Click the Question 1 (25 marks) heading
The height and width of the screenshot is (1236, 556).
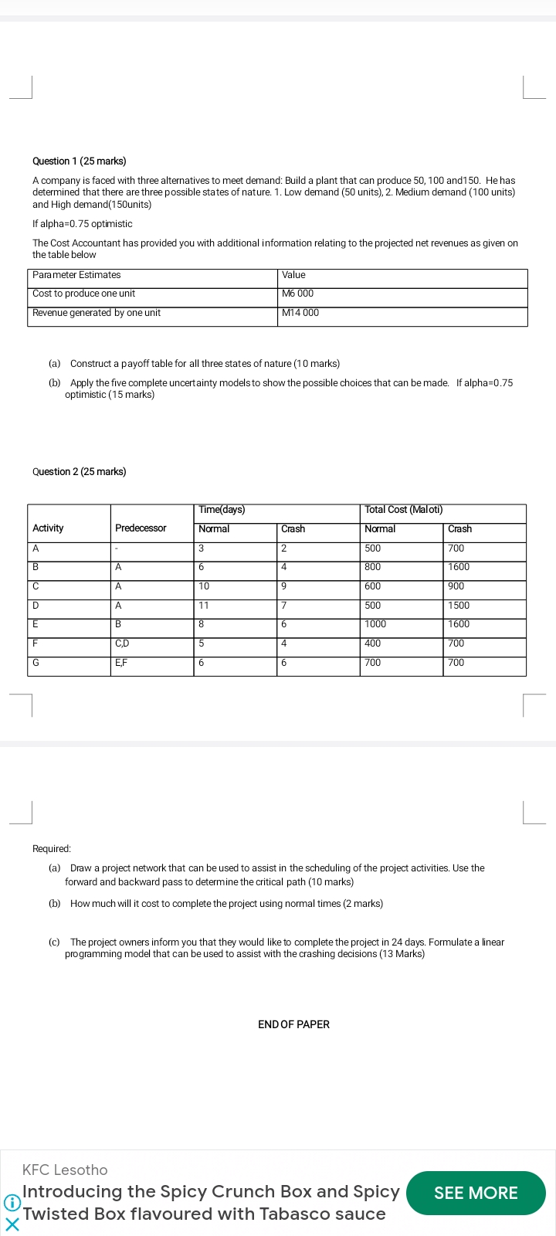(x=80, y=161)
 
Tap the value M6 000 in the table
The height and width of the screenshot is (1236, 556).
(x=298, y=294)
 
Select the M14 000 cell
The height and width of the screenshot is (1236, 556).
(x=300, y=313)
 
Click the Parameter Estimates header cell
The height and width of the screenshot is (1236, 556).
(x=76, y=275)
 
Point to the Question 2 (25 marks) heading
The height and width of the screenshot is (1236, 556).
(x=80, y=472)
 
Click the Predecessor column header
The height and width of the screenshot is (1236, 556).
(x=141, y=528)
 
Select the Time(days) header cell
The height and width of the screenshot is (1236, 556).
(x=222, y=510)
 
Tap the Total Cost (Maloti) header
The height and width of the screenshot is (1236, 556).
(x=403, y=510)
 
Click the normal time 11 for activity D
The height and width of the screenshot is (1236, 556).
(x=204, y=606)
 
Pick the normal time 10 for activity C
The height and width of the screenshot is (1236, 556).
(x=204, y=586)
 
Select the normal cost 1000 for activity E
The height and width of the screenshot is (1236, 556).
(x=375, y=624)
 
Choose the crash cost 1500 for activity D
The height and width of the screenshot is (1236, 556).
(x=459, y=606)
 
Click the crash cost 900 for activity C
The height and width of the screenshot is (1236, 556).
(x=456, y=586)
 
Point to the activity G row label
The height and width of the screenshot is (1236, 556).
(x=36, y=663)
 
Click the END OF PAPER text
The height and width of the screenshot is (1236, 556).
(x=293, y=1024)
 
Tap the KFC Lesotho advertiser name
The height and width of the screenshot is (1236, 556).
(x=65, y=1170)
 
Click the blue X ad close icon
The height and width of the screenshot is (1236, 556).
(x=12, y=1224)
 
